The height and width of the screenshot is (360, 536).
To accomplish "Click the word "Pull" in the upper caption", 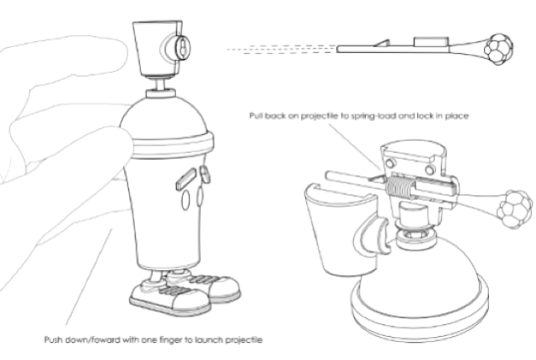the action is click(x=256, y=115).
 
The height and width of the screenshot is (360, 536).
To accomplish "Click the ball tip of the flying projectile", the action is click(x=498, y=50).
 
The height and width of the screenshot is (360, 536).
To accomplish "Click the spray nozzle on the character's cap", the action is click(x=178, y=48).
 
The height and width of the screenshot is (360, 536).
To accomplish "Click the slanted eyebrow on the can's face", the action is click(x=186, y=179).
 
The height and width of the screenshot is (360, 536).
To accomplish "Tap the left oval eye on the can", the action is click(x=185, y=199).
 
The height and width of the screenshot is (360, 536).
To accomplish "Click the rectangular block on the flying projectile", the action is click(x=431, y=42).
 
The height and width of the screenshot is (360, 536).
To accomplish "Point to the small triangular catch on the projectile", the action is click(x=382, y=43).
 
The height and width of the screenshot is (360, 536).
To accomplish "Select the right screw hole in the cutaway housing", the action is click(x=430, y=169).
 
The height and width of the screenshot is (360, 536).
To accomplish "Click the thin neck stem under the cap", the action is click(x=161, y=84).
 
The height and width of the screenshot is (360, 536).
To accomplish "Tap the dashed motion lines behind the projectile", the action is click(x=282, y=50).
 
